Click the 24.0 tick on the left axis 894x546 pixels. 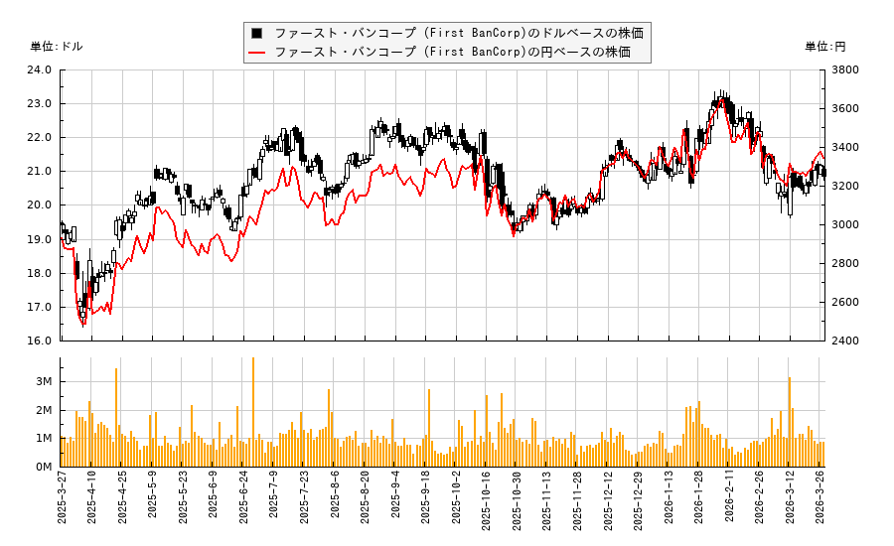[x=40, y=69]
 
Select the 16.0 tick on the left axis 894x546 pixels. [x=40, y=341]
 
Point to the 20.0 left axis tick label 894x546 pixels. [x=40, y=205]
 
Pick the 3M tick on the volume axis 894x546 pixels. [x=43, y=382]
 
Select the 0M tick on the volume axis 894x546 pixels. [x=43, y=467]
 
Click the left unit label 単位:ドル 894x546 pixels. [x=57, y=47]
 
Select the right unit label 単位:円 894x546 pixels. [x=824, y=47]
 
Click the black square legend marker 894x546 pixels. [x=257, y=33]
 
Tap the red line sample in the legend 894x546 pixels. [x=257, y=52]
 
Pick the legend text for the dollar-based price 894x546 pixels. [x=458, y=33]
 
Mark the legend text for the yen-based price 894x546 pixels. [x=452, y=52]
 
